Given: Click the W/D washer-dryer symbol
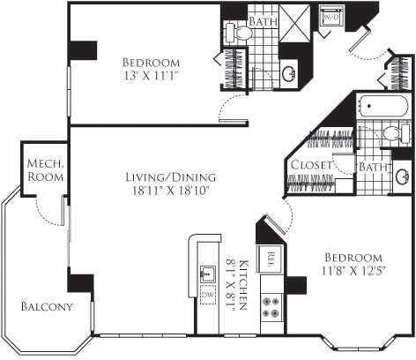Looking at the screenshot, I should tap(333, 18).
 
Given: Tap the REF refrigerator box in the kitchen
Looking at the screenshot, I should tap(271, 259).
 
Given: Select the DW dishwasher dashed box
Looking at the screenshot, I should tap(208, 297).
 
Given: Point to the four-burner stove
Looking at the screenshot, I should tap(272, 309).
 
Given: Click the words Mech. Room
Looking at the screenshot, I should tap(42, 169).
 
